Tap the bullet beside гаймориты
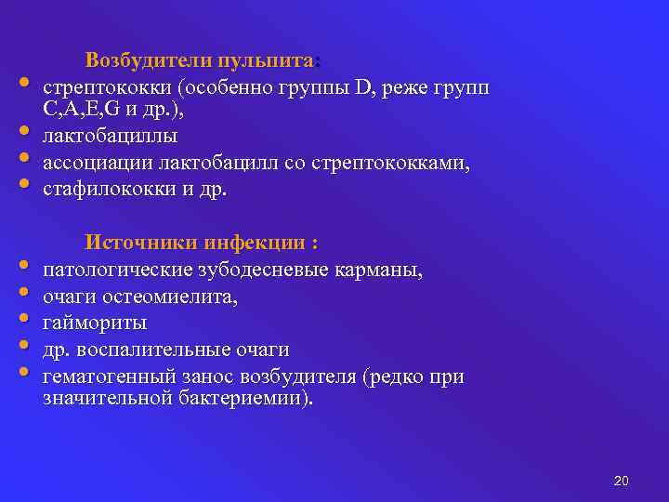point(22,320)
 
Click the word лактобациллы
point(111,138)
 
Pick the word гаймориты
point(95,324)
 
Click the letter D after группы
point(363,88)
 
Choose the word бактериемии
point(249,399)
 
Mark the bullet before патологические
point(22,267)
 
